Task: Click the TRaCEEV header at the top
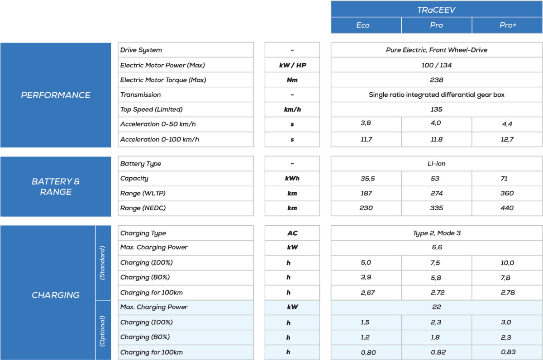click(x=436, y=9)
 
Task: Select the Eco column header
click(x=363, y=25)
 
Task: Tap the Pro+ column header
click(x=508, y=25)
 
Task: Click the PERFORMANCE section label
click(x=56, y=95)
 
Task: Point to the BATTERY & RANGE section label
click(x=56, y=186)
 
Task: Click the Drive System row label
click(x=141, y=50)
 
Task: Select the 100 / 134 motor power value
click(x=436, y=65)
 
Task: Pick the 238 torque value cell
click(x=436, y=80)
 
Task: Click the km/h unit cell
click(x=292, y=109)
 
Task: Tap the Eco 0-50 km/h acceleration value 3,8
click(x=366, y=123)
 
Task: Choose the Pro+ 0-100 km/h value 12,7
click(x=507, y=139)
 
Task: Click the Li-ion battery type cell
click(x=436, y=164)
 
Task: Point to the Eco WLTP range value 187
click(x=366, y=193)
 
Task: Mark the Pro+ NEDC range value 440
click(x=507, y=208)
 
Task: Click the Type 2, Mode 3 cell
click(x=436, y=233)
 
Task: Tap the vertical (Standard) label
click(x=103, y=262)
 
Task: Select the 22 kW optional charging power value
click(x=436, y=307)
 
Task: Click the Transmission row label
click(x=140, y=95)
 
